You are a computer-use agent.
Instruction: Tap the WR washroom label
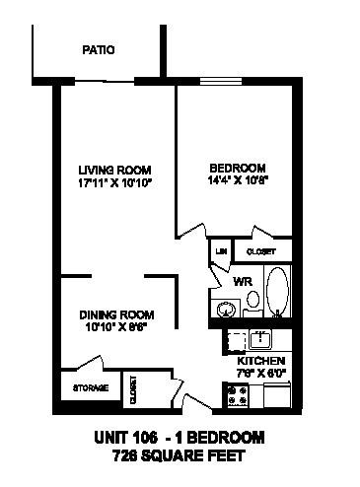pyautogui.click(x=243, y=282)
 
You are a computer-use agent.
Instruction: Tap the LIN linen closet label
pyautogui.click(x=220, y=252)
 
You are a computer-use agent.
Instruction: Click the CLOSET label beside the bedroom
pyautogui.click(x=261, y=252)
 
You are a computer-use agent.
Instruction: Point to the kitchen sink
pyautogui.click(x=261, y=340)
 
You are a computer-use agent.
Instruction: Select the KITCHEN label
pyautogui.click(x=261, y=361)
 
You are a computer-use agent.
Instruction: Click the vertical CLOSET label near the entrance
pyautogui.click(x=131, y=390)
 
